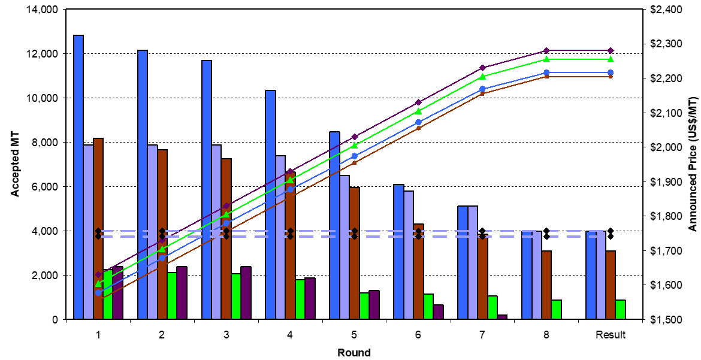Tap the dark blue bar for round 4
[270, 204]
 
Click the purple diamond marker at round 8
[546, 50]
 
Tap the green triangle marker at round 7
[482, 76]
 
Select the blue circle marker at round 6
[418, 122]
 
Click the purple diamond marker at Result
[611, 50]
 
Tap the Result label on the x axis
[611, 335]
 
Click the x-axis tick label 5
[354, 335]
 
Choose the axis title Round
[353, 352]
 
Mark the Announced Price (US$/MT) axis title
[691, 164]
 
